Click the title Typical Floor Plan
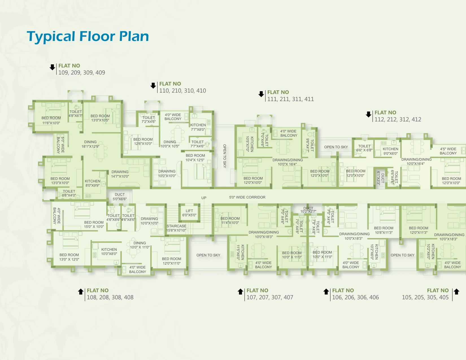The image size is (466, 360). [88, 36]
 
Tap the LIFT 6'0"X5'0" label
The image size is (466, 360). [189, 213]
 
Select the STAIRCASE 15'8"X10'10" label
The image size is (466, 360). [176, 228]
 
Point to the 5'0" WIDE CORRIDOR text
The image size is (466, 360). [247, 197]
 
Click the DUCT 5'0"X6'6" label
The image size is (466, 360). [120, 197]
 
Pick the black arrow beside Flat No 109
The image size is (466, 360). [52, 67]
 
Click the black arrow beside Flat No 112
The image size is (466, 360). [369, 114]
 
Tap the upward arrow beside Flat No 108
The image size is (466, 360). [81, 292]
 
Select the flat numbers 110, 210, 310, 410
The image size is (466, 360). [182, 91]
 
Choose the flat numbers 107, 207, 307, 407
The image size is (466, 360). [270, 297]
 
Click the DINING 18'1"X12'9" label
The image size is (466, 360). [90, 144]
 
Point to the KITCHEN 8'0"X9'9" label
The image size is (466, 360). [92, 183]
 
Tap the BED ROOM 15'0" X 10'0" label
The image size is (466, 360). [94, 224]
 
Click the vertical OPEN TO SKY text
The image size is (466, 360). [225, 156]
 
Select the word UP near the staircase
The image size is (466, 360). [204, 198]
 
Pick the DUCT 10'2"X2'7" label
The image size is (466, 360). [308, 210]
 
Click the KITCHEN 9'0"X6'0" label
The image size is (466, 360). [391, 151]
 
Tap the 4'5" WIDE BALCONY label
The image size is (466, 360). [448, 151]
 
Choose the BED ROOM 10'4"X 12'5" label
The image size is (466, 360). [195, 158]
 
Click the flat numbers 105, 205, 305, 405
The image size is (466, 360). [425, 297]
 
